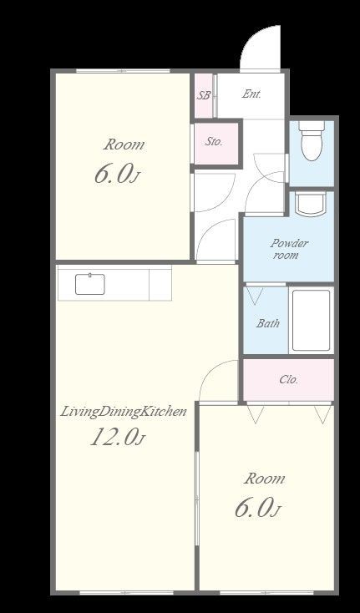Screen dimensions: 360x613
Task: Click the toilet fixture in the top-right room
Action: tap(312, 140)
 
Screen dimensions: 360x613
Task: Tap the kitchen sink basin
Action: tap(90, 284)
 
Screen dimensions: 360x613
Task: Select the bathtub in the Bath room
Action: tap(312, 320)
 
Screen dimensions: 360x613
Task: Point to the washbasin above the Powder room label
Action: tap(312, 203)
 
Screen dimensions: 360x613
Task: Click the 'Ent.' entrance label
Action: tap(251, 94)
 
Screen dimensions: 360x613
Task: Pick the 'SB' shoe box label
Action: tap(204, 95)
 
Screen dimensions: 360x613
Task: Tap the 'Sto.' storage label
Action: tap(214, 141)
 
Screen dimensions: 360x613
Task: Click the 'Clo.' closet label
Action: tap(289, 379)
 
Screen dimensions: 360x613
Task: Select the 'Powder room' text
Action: tap(289, 250)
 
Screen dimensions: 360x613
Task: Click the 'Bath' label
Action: tap(268, 323)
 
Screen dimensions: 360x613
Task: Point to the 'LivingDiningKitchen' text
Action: tap(123, 412)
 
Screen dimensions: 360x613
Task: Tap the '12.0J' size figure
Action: tap(117, 437)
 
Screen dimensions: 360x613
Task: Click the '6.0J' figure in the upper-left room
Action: tap(117, 174)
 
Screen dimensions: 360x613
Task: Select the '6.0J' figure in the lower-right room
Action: tap(258, 509)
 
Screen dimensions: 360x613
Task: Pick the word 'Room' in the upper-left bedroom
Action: tap(124, 144)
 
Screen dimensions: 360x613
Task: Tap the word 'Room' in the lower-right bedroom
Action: tap(265, 479)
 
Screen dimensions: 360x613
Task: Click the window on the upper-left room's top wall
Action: tap(123, 71)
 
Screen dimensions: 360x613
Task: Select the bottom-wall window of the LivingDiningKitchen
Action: tap(126, 593)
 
